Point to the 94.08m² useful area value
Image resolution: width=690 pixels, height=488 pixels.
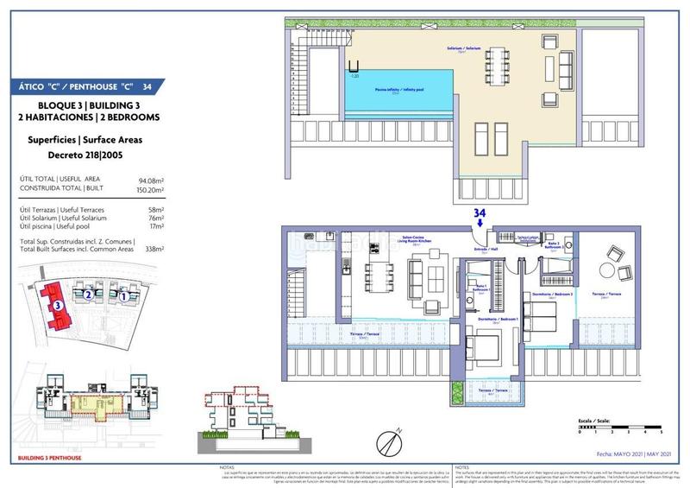tap(150, 181)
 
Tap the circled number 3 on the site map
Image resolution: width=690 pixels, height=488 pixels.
tap(57, 304)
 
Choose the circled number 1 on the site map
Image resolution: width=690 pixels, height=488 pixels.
tap(124, 296)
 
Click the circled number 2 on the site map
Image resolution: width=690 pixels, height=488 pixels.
tap(89, 295)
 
